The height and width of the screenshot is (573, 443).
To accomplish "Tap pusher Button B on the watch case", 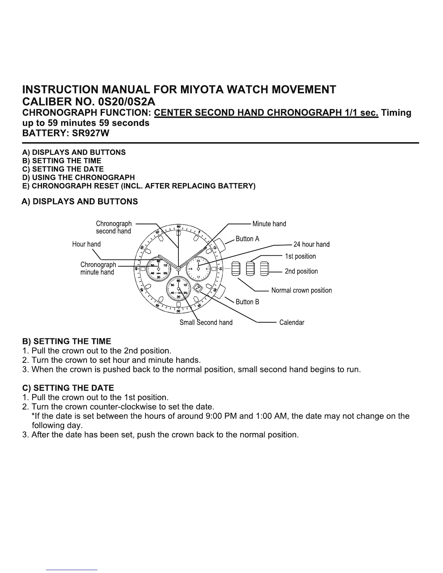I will tap(220, 291).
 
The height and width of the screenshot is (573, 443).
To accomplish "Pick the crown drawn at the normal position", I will tap(235, 268).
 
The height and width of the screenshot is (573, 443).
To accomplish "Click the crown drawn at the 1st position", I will tap(250, 268).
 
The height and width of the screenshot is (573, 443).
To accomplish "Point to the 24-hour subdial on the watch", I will tap(198, 268).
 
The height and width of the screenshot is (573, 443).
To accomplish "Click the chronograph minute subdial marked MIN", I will tap(159, 268).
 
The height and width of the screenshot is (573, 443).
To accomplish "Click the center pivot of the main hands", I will tap(178, 268).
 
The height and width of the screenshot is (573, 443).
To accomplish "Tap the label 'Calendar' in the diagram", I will tap(292, 322).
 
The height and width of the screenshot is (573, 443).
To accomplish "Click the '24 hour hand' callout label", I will tap(311, 245).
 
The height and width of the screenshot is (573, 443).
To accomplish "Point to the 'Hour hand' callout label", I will tap(87, 244).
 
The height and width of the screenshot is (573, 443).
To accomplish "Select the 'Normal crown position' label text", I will tap(301, 290).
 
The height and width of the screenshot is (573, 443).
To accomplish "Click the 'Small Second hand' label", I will tap(206, 322).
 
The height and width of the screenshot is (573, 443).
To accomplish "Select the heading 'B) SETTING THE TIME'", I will tap(67, 341).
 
